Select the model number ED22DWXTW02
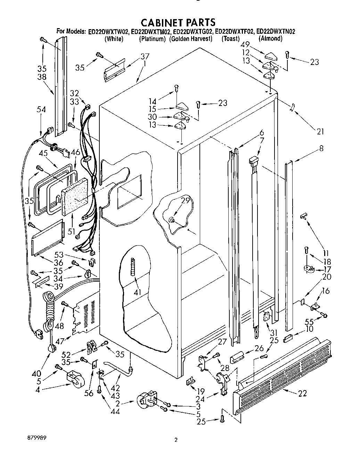tap(108, 32)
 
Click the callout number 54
tap(41, 109)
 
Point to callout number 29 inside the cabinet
tap(186, 200)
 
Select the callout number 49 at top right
tap(246, 45)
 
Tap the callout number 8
tap(321, 148)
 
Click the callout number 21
tap(320, 132)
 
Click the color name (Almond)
tap(270, 39)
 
